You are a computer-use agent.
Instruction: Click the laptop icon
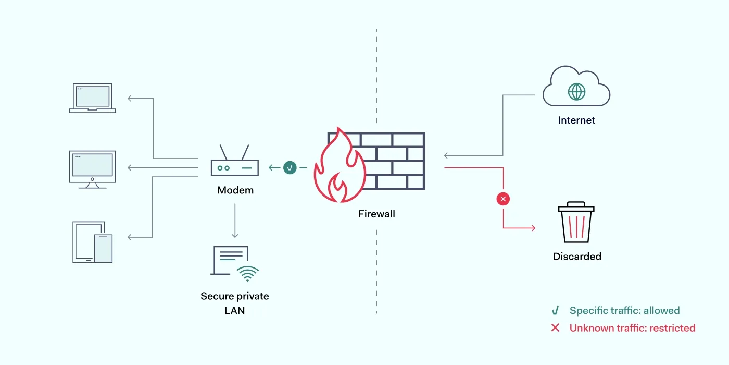click(93, 98)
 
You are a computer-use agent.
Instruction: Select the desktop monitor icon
click(93, 169)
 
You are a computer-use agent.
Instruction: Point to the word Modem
click(235, 190)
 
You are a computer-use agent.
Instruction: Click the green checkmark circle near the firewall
click(290, 167)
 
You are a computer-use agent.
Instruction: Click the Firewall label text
click(376, 214)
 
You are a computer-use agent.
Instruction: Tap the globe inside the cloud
click(576, 92)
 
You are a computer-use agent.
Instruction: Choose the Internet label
click(576, 120)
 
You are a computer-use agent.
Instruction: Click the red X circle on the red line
click(503, 199)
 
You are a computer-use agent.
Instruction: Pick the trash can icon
click(576, 223)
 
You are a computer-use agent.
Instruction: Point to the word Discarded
click(577, 257)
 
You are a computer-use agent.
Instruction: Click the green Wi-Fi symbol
click(247, 274)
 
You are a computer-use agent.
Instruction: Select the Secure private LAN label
click(235, 303)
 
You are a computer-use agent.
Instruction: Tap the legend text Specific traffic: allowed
click(624, 311)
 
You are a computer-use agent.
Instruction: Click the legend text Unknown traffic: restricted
click(632, 328)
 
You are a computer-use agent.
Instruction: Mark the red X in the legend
click(556, 328)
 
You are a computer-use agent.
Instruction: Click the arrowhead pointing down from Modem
click(235, 235)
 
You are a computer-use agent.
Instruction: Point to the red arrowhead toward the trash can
click(532, 228)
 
